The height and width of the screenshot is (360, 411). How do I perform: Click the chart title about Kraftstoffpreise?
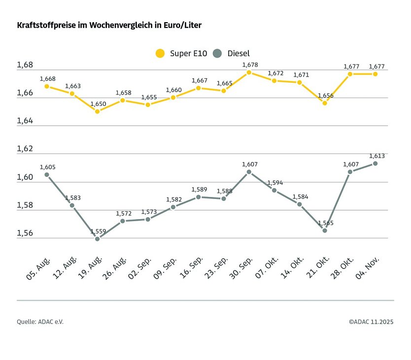109,25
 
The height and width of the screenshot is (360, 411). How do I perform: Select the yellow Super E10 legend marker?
160,53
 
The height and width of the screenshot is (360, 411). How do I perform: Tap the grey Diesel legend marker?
218,53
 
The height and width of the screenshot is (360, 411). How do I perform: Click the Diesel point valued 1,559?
98,239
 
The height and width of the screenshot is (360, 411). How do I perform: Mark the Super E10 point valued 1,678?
249,72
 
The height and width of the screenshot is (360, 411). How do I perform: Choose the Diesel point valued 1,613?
375,164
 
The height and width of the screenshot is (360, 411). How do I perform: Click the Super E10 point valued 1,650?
98,111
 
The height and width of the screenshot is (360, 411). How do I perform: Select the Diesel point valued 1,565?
325,230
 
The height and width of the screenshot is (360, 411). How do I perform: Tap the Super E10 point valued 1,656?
325,103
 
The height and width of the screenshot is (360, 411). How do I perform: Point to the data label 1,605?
48,167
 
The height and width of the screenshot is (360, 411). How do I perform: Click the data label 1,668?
48,79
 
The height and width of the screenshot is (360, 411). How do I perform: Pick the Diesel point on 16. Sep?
198,197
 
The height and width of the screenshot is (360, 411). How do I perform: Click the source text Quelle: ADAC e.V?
40,322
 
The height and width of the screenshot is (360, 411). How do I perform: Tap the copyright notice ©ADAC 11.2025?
371,322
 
